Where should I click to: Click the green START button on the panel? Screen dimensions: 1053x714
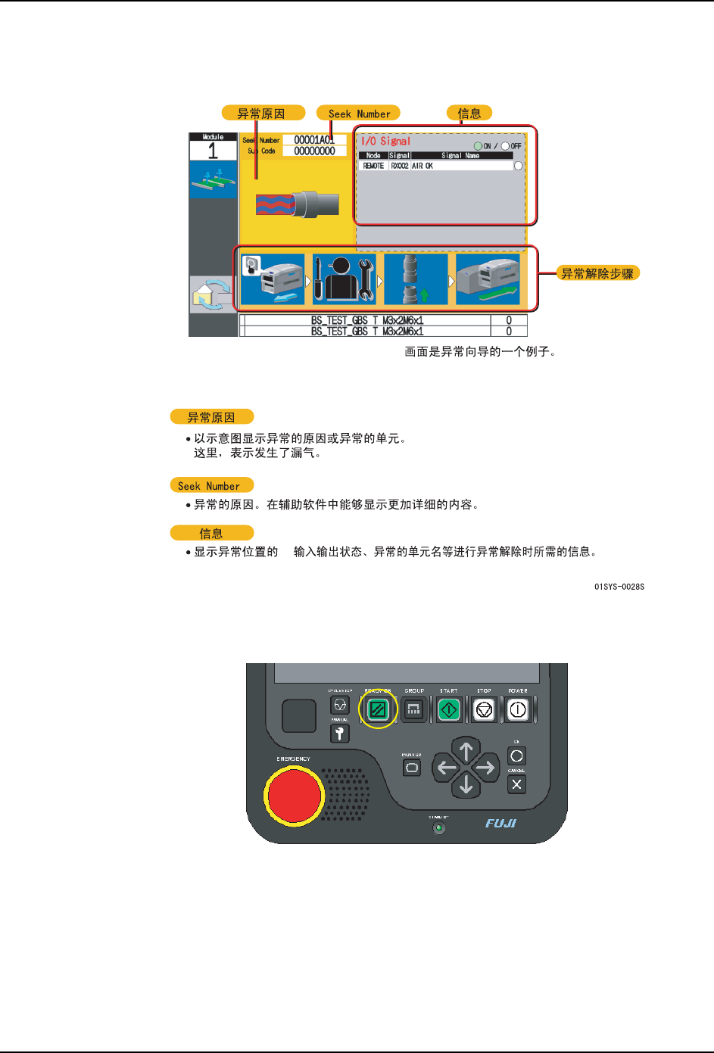pyautogui.click(x=449, y=710)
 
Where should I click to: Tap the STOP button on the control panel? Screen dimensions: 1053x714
pyautogui.click(x=484, y=710)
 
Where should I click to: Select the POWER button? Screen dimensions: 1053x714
pyautogui.click(x=518, y=710)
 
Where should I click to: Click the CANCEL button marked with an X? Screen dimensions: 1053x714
pyautogui.click(x=516, y=784)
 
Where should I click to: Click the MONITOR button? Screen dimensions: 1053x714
pyautogui.click(x=412, y=768)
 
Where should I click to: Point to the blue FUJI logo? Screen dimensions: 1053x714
pyautogui.click(x=500, y=823)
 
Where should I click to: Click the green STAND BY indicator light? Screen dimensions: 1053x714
pyautogui.click(x=438, y=828)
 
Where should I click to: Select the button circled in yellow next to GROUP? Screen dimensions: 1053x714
pyautogui.click(x=378, y=710)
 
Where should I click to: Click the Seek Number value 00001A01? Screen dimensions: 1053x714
pyautogui.click(x=314, y=140)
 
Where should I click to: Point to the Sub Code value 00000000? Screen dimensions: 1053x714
pyautogui.click(x=314, y=151)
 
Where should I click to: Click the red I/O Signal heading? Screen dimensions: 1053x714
pyautogui.click(x=385, y=142)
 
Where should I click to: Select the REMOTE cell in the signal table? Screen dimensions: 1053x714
pyautogui.click(x=373, y=166)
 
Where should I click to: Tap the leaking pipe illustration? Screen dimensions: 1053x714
pyautogui.click(x=297, y=204)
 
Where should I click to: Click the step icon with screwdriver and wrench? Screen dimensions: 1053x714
pyautogui.click(x=344, y=279)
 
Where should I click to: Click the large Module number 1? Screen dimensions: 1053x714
pyautogui.click(x=213, y=151)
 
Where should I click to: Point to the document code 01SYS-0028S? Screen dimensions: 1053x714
pyautogui.click(x=619, y=587)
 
